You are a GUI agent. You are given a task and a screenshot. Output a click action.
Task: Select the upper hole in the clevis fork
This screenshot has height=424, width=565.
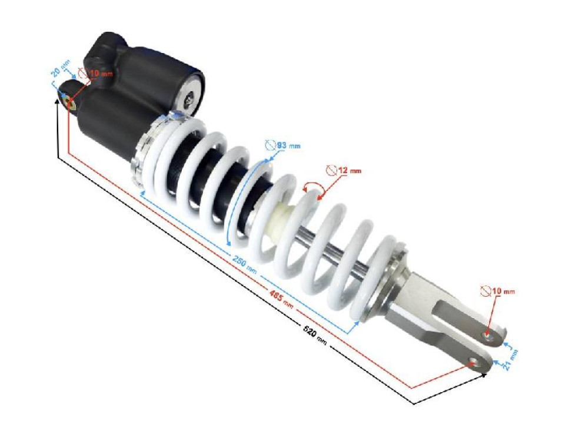coord(487,335)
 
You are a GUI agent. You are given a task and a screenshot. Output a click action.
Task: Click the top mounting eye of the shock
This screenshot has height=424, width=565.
coord(66,97)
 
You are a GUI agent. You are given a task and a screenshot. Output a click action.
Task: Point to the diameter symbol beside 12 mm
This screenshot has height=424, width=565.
coord(332,170)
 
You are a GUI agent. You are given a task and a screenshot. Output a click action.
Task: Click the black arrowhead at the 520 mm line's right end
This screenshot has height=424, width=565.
coord(484,375)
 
